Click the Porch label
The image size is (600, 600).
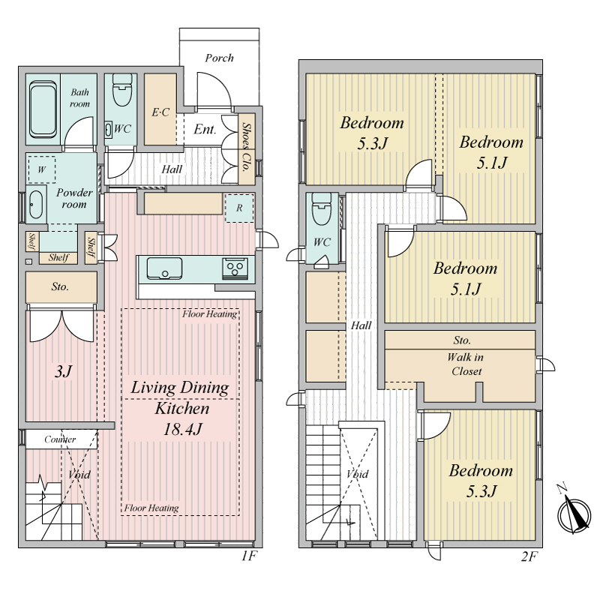(219, 58)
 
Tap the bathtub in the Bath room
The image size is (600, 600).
(43, 109)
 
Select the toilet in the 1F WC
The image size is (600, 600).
(122, 90)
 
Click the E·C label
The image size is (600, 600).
(160, 112)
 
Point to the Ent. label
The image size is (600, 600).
(205, 129)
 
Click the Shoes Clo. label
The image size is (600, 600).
(247, 147)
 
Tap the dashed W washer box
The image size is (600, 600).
(42, 169)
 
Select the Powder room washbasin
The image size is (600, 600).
(36, 205)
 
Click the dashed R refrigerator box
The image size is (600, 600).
(239, 208)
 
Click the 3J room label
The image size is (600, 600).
(63, 371)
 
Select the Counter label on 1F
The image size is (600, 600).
(60, 439)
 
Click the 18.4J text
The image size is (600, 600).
(182, 429)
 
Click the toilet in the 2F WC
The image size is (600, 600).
(322, 208)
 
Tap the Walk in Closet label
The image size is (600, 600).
(466, 364)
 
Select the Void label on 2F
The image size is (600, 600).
(358, 474)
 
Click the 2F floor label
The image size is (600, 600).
(529, 556)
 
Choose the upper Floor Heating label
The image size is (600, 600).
(209, 314)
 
